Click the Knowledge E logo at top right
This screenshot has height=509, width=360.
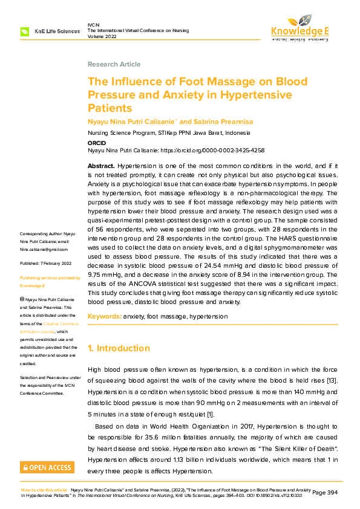coord(299,27)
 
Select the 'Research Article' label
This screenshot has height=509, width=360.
coord(114,64)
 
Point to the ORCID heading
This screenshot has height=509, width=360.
coord(97,143)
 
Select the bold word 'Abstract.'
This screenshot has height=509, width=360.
coord(101,166)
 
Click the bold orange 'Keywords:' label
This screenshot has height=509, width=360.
coord(104,316)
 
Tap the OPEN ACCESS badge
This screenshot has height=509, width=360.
coord(47,467)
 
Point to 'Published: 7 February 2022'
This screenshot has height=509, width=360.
coord(46,263)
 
